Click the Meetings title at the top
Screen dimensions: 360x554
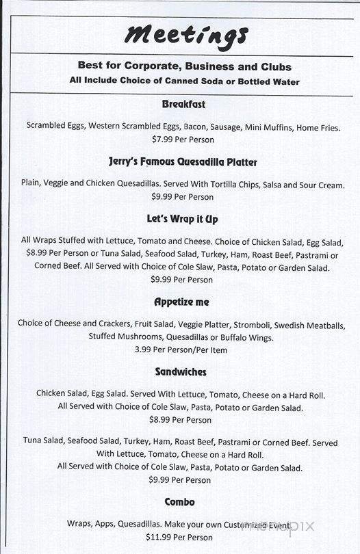(185, 34)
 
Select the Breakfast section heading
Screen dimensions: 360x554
(183, 105)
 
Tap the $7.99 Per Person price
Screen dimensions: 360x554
(183, 140)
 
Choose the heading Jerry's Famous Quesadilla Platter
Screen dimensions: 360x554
(183, 163)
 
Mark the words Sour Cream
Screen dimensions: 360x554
(320, 185)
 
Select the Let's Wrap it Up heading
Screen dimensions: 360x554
(182, 220)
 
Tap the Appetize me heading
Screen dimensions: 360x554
(181, 302)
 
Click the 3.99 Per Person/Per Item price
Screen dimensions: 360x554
(181, 349)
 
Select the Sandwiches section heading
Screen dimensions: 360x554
(181, 372)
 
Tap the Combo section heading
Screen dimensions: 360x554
(180, 502)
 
